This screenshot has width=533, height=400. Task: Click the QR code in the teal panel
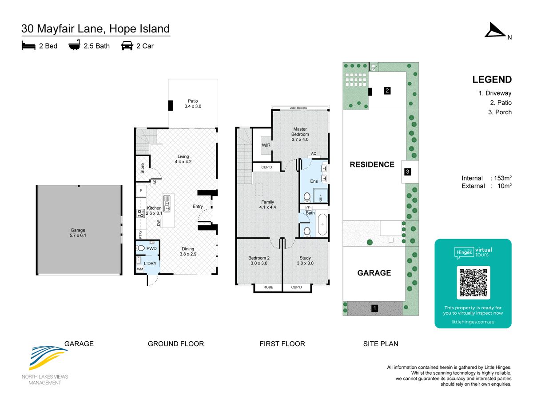click(x=473, y=283)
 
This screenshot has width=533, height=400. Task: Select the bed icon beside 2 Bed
click(x=28, y=46)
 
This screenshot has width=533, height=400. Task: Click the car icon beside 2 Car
click(x=127, y=46)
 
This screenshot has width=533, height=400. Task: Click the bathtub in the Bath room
click(x=322, y=224)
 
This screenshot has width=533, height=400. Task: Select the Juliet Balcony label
click(x=298, y=108)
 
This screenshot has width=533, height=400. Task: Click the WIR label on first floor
click(x=266, y=145)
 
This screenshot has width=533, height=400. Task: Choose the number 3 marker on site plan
click(x=407, y=172)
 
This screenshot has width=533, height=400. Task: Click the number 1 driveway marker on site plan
click(x=375, y=308)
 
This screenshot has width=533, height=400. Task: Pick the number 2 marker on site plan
click(x=387, y=91)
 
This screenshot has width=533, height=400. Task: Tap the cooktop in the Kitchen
click(x=141, y=213)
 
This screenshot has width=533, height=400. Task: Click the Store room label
click(x=142, y=168)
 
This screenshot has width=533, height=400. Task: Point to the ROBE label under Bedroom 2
click(x=268, y=287)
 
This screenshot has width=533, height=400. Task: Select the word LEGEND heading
click(x=492, y=80)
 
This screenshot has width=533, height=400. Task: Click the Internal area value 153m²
click(x=503, y=178)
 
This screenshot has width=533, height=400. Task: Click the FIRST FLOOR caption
click(x=282, y=344)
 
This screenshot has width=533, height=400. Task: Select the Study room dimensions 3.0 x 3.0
click(x=305, y=263)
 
